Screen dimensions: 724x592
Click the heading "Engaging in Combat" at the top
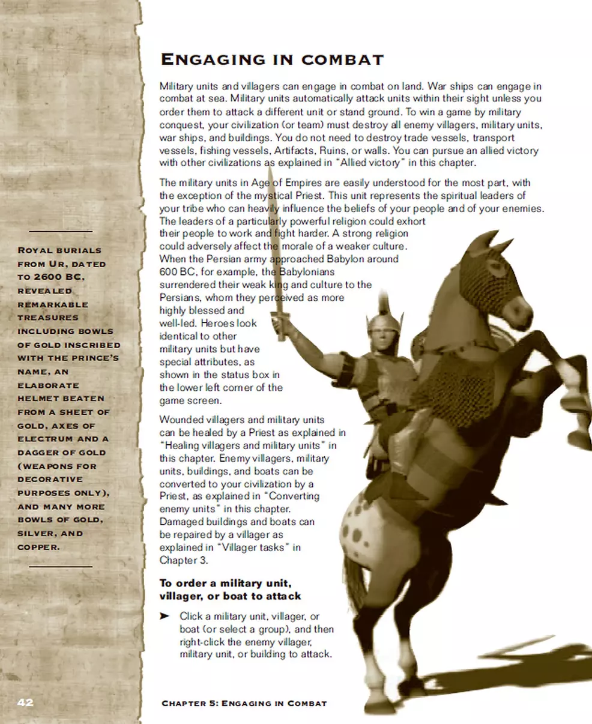point(271,60)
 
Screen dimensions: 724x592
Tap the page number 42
point(25,702)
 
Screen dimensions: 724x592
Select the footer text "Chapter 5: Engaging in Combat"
point(244,703)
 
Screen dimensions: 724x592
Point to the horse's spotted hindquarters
point(363,528)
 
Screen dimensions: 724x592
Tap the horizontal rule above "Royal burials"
point(61,231)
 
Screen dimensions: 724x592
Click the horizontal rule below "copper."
point(61,566)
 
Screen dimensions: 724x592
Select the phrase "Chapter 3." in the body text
point(180,560)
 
